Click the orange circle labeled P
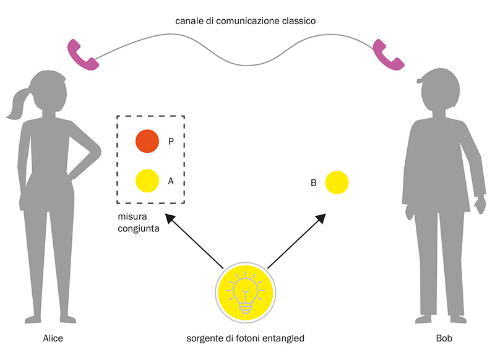click(x=148, y=141)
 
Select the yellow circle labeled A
click(x=148, y=181)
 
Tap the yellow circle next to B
click(x=337, y=183)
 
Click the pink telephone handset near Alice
click(x=82, y=54)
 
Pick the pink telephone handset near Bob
click(x=389, y=54)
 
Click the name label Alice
click(x=53, y=338)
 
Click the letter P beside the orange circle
click(x=171, y=142)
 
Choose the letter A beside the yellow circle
click(x=171, y=181)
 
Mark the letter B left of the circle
click(x=314, y=183)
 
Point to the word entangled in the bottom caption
click(x=283, y=338)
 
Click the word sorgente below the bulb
click(x=204, y=338)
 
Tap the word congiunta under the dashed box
click(x=139, y=229)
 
